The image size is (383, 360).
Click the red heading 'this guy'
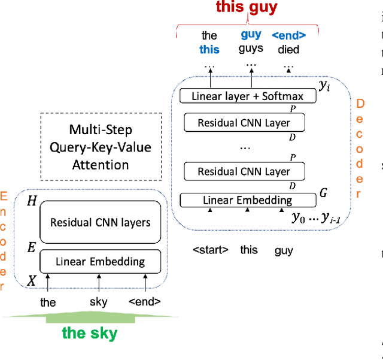click(247, 8)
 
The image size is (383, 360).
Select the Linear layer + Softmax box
click(247, 96)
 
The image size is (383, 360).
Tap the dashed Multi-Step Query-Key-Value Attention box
click(101, 147)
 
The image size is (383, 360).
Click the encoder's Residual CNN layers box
click(100, 222)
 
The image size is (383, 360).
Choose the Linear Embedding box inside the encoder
click(100, 261)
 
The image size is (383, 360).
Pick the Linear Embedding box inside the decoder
click(247, 200)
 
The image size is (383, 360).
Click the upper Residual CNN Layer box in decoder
click(244, 123)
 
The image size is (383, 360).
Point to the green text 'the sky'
click(90, 333)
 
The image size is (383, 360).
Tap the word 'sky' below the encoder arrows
click(99, 302)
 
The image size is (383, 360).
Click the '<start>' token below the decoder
click(210, 250)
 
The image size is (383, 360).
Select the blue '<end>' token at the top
click(288, 35)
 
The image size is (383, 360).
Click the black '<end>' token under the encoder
click(145, 302)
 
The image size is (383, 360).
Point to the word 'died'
click(288, 49)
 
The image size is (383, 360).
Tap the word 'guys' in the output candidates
click(251, 49)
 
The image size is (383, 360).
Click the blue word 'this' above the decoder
click(209, 50)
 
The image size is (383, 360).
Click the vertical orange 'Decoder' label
click(360, 149)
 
